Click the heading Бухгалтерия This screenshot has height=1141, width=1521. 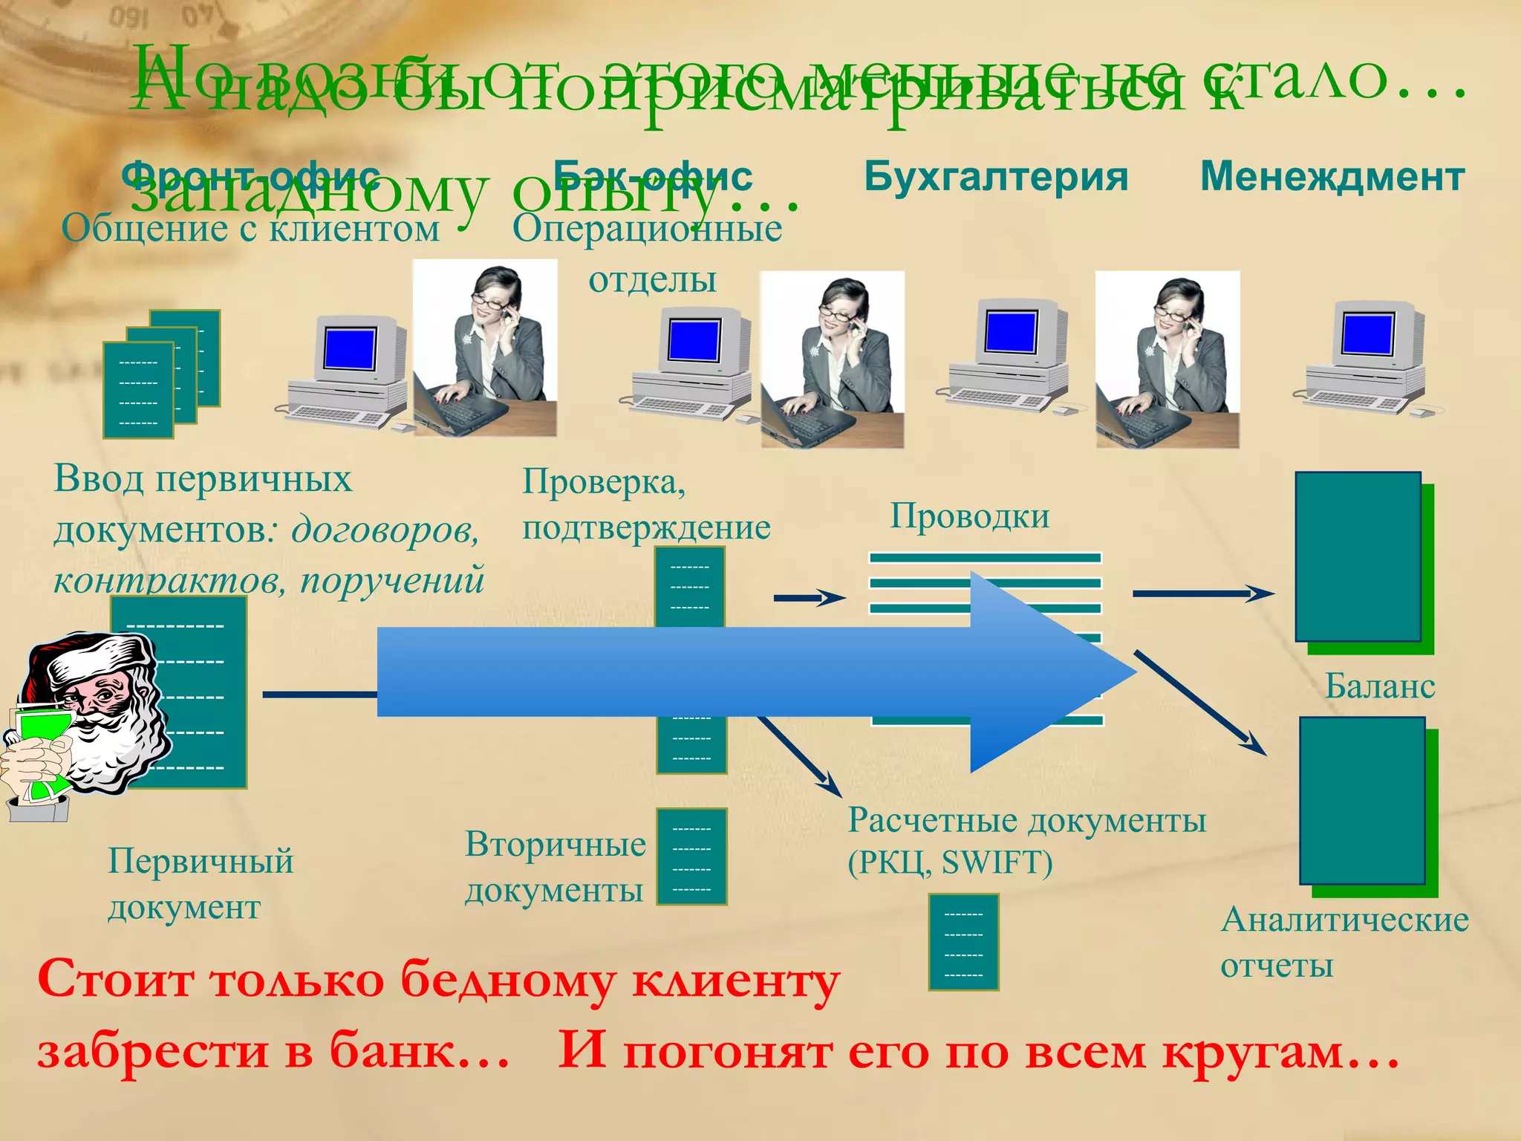point(995,177)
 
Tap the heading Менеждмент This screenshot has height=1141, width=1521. point(1332,177)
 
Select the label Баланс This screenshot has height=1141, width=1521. point(1380,685)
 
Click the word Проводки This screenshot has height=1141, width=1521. point(970,516)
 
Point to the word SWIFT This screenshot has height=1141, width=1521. point(997,862)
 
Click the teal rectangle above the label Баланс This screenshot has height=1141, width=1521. point(1358,556)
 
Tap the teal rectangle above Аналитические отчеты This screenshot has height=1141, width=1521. point(1362,800)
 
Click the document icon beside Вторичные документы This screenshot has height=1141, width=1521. point(691,856)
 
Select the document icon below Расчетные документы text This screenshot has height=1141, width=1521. point(963,942)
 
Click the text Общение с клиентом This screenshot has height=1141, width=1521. point(250,228)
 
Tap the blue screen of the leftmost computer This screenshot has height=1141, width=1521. point(350,348)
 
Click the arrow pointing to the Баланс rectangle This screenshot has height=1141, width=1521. point(1203,594)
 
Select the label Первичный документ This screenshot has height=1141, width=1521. point(201,883)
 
